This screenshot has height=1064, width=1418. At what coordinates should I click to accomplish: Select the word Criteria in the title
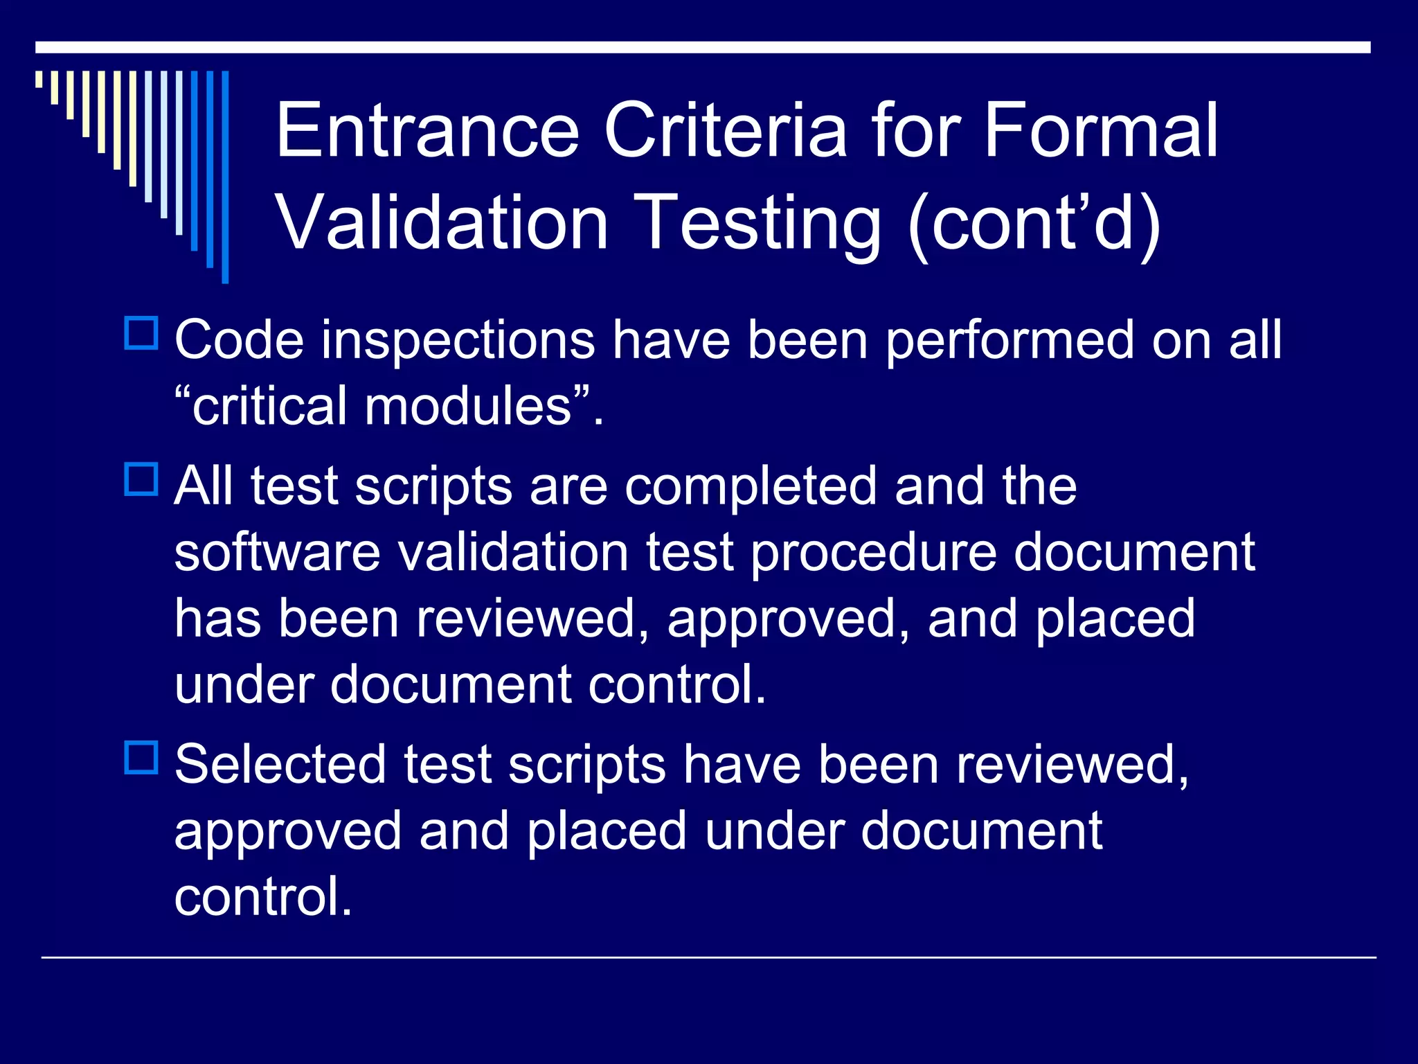click(725, 130)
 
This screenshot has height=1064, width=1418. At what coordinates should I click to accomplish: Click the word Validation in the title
click(442, 222)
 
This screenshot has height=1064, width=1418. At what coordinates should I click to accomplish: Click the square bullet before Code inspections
click(142, 333)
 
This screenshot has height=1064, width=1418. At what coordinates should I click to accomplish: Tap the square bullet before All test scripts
click(142, 479)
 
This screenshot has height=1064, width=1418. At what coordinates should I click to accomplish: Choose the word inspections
click(458, 342)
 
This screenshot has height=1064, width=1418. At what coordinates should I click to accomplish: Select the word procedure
click(873, 553)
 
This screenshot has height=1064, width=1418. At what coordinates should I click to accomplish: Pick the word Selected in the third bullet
click(280, 765)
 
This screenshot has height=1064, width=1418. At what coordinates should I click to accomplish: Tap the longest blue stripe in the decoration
click(225, 177)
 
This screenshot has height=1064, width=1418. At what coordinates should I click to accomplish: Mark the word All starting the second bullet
click(204, 486)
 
